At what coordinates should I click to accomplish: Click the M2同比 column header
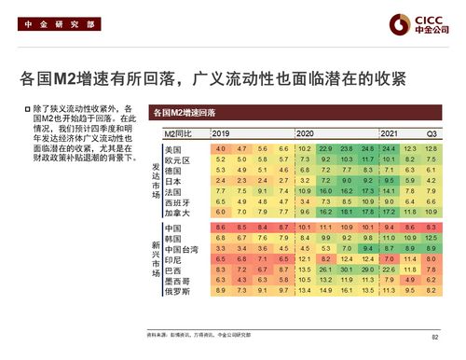178,134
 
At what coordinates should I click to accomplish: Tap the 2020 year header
305,134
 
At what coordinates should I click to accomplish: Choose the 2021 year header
389,134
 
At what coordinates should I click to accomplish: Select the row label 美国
172,149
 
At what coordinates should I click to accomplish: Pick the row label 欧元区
176,160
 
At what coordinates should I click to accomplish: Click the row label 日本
172,181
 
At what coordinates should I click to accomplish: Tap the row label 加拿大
176,213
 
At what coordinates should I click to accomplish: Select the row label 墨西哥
176,280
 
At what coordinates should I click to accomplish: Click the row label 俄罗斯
176,290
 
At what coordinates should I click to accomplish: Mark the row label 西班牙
176,202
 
